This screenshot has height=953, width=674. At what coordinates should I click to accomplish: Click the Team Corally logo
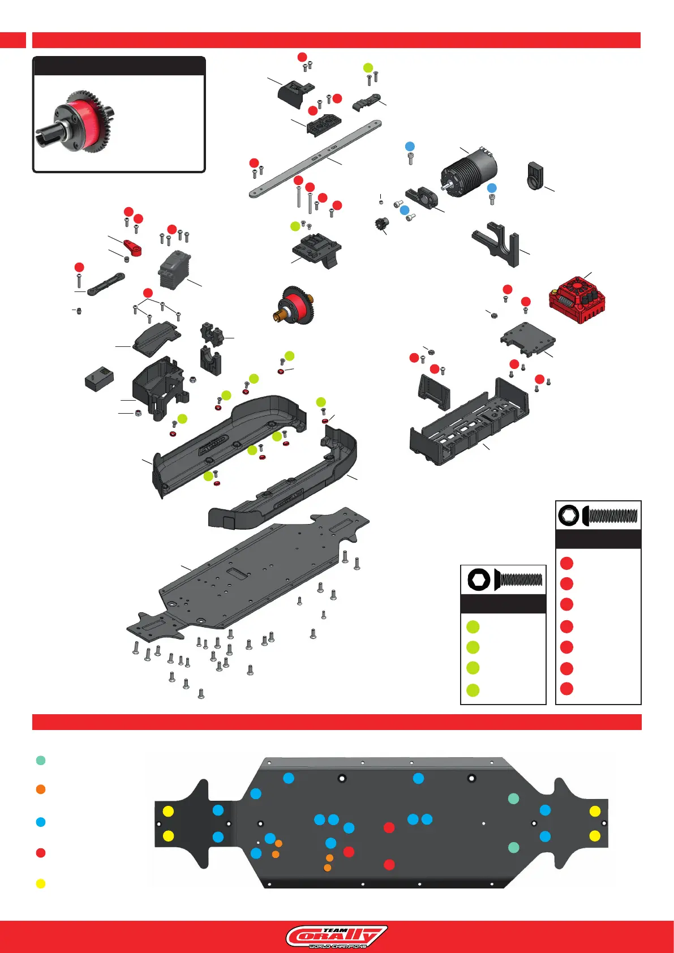click(x=336, y=937)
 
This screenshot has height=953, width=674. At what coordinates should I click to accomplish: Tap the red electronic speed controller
click(x=577, y=298)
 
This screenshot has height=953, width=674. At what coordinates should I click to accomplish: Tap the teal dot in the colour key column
click(x=41, y=760)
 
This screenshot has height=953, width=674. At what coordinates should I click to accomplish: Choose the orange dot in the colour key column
click(x=41, y=789)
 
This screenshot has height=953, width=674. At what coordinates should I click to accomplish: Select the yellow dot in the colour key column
click(x=41, y=883)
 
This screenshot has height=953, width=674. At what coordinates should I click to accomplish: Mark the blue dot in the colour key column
click(x=41, y=822)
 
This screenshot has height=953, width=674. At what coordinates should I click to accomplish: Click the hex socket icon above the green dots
click(x=479, y=579)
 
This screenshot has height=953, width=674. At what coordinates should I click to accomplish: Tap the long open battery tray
click(x=470, y=424)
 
